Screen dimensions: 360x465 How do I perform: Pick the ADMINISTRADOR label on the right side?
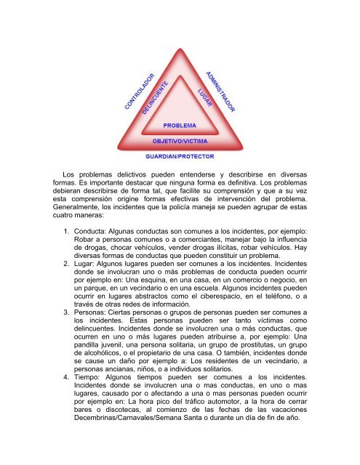coord(220,91)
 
